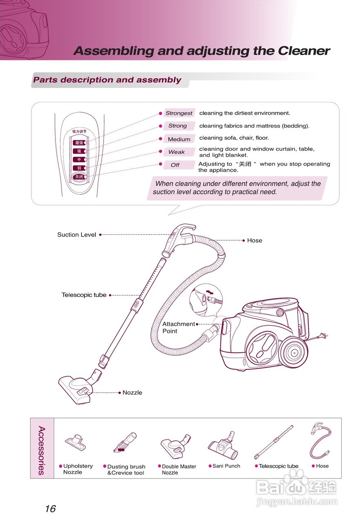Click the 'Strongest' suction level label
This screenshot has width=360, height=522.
pos(179,113)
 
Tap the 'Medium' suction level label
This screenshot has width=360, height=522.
pos(179,139)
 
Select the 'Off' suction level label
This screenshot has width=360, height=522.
pos(175,165)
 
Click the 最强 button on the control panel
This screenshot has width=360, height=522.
pos(79,143)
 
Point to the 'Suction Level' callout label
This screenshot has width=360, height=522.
pos(77,235)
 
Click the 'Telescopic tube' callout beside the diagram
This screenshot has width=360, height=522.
pos(84,295)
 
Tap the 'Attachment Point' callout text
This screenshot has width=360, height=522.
pos(178,327)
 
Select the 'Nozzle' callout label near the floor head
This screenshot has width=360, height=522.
pos(133,393)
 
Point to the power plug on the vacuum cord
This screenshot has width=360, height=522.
pos(324,336)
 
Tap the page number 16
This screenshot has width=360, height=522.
pos(50,509)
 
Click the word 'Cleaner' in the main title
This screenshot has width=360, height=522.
pos(304,51)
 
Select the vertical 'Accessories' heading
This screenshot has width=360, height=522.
pos(42,450)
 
